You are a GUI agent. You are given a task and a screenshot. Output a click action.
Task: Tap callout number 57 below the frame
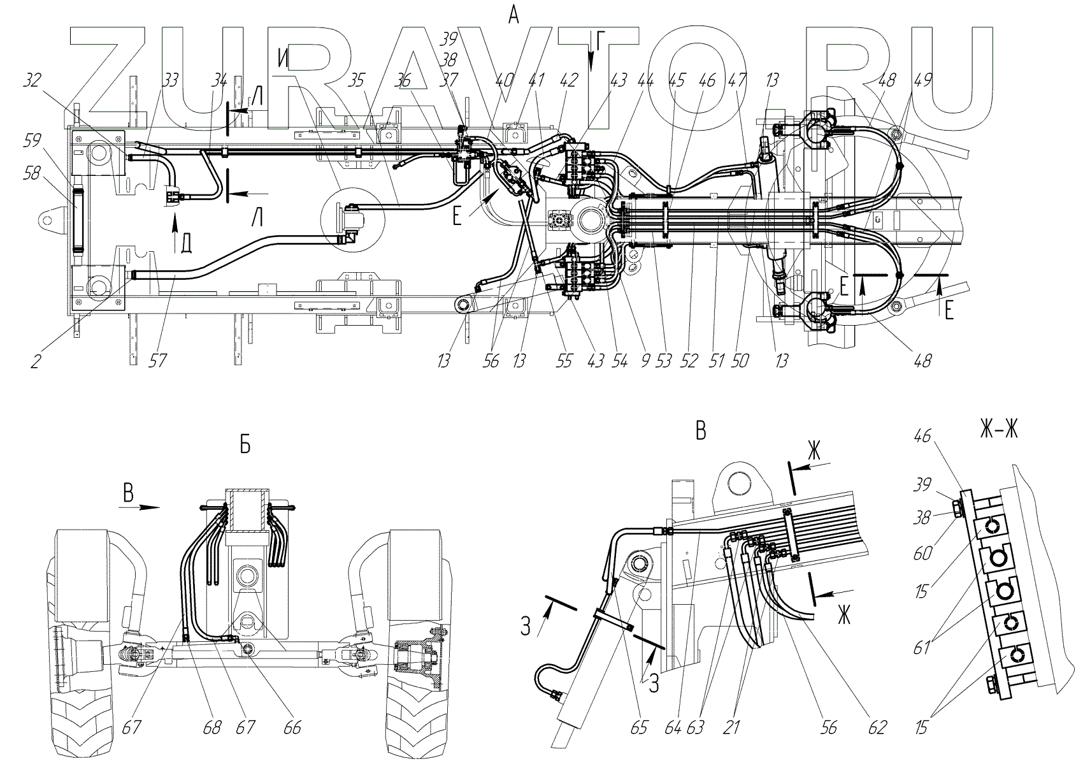157,361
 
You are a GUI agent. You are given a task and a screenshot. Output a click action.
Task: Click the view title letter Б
245,446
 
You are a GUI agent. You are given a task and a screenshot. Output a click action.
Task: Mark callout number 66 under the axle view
291,727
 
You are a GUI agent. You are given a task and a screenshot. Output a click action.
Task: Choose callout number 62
877,727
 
